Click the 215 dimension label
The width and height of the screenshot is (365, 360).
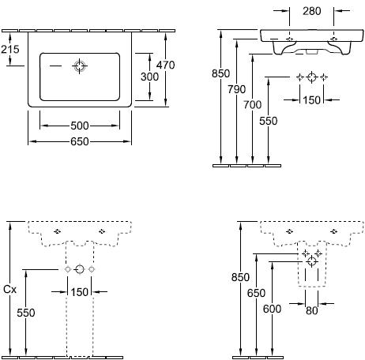click(x=10, y=49)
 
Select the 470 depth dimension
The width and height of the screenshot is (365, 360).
click(x=165, y=65)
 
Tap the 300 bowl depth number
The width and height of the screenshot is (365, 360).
click(x=149, y=77)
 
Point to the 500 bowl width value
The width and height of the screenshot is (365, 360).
click(x=80, y=126)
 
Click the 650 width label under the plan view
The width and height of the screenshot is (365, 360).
click(x=80, y=142)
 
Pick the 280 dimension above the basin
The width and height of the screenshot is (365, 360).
click(x=312, y=11)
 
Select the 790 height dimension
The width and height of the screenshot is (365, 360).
click(x=237, y=89)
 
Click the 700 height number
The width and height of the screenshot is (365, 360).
click(x=253, y=105)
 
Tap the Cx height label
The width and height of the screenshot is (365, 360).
click(x=9, y=290)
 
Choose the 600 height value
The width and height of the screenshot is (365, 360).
click(x=272, y=309)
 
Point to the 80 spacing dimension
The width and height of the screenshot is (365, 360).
click(x=312, y=311)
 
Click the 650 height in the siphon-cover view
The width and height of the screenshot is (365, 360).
click(x=256, y=293)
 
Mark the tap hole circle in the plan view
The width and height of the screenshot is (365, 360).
click(x=80, y=66)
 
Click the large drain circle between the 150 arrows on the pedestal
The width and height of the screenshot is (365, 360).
click(x=80, y=269)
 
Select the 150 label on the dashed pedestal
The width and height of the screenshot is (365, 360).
click(x=80, y=292)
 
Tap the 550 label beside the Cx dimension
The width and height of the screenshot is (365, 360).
click(x=26, y=313)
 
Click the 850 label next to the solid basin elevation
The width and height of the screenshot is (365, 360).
click(x=220, y=73)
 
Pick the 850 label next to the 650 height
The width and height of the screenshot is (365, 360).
click(x=240, y=277)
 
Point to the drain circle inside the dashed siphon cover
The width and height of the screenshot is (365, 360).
click(x=312, y=261)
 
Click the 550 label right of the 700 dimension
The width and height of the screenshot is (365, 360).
click(x=269, y=121)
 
